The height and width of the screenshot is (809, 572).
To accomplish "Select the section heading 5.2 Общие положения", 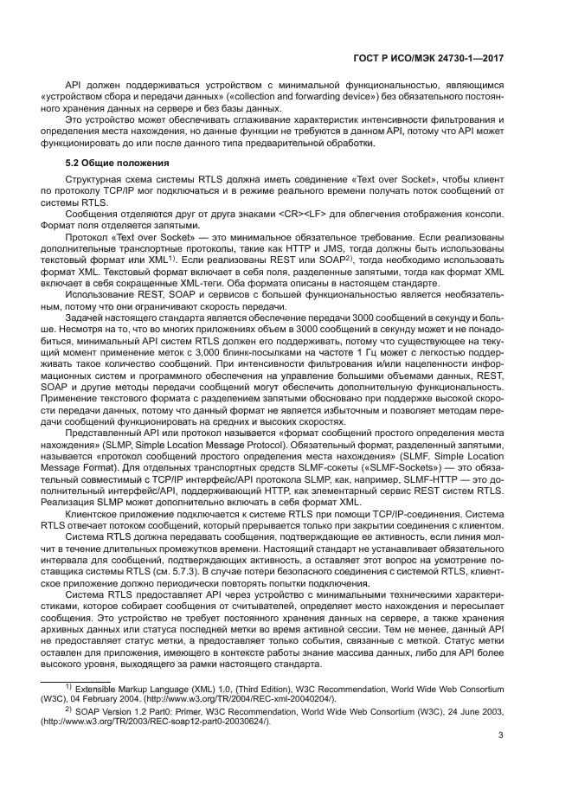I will [117, 163].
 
